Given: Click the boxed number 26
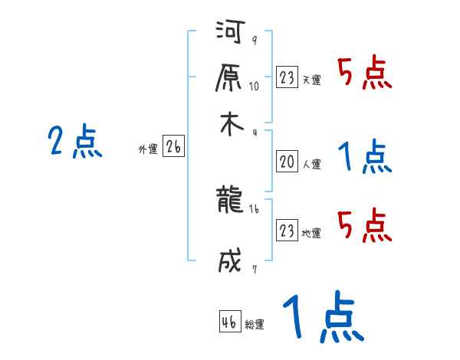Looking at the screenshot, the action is [173, 148].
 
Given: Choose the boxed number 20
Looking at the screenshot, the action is [287, 162].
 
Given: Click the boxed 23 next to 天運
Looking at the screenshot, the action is [287, 77].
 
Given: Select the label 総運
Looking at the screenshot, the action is [255, 325].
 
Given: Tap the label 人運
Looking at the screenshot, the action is [312, 164].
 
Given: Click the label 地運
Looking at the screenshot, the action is [312, 233].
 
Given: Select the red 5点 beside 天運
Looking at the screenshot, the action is [365, 74].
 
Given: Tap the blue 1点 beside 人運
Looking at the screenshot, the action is [365, 157].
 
